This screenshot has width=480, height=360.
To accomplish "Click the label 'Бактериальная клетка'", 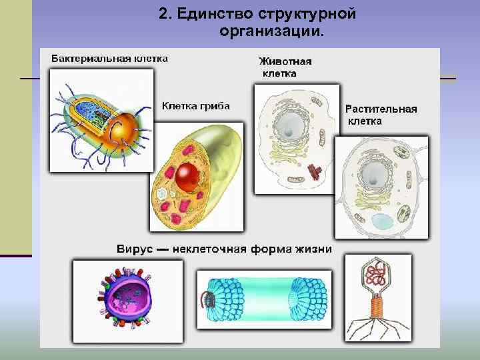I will click(x=110, y=58).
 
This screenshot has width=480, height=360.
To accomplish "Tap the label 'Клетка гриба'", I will click(x=196, y=105).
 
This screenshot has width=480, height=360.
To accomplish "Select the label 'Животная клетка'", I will click(x=285, y=67).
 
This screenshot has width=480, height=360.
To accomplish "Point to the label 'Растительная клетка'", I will click(x=381, y=115).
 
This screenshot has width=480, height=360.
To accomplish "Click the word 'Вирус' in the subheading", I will click(x=135, y=249).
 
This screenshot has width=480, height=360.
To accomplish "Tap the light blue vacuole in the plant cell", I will click(x=383, y=223).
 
